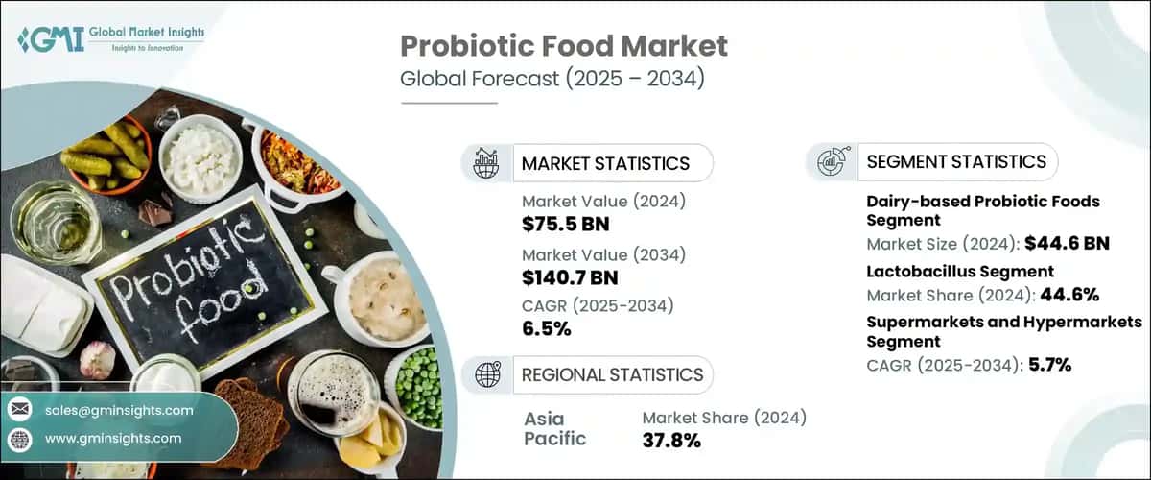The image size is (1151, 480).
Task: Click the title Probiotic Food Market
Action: [x=563, y=46]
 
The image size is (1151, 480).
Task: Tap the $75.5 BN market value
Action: [x=566, y=226]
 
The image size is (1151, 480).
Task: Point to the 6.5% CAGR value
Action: [x=547, y=329]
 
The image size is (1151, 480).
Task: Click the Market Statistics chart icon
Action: [x=486, y=163]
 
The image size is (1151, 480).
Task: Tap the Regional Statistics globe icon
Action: [x=486, y=373]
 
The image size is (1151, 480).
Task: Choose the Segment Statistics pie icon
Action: [x=831, y=161]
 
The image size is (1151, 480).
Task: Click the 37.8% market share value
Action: [x=671, y=441]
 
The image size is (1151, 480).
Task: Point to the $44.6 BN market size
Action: [x=1067, y=243]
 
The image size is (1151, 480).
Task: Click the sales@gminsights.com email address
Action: [x=119, y=410]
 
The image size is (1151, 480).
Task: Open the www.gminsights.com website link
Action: [x=113, y=439]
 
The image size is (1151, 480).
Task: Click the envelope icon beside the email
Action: [x=19, y=410]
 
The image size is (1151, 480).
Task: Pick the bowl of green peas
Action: [x=418, y=384]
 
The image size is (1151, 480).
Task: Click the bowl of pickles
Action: [x=106, y=154]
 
